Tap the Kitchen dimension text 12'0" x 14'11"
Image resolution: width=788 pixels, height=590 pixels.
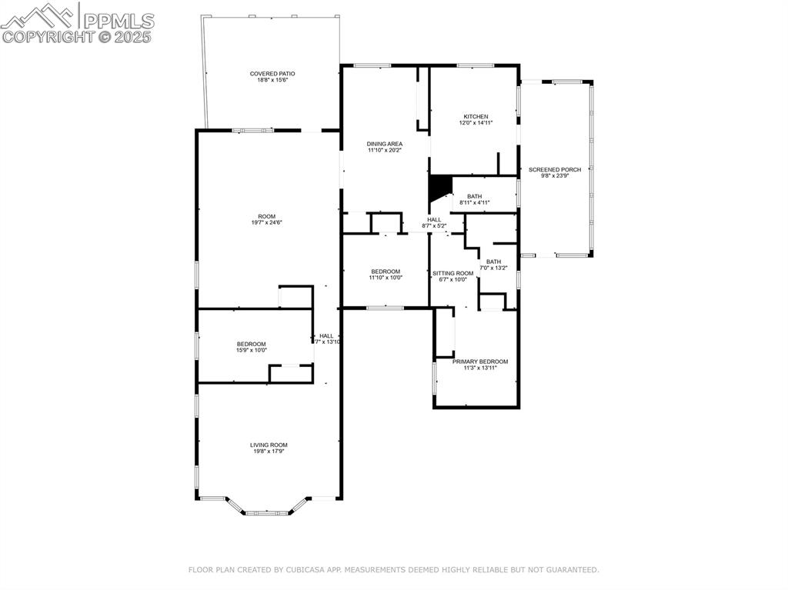click(476, 122)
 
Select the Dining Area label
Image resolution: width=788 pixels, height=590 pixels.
click(384, 144)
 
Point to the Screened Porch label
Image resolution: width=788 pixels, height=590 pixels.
click(554, 169)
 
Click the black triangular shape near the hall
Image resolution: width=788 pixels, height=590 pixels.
click(439, 187)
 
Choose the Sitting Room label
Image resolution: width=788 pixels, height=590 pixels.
click(452, 273)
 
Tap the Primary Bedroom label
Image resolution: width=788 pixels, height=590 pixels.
click(479, 362)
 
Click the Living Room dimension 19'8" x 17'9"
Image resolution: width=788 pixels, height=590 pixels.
click(269, 452)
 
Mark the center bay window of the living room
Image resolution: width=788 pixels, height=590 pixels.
click(267, 512)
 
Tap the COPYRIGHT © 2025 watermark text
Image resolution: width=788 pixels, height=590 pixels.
click(77, 36)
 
